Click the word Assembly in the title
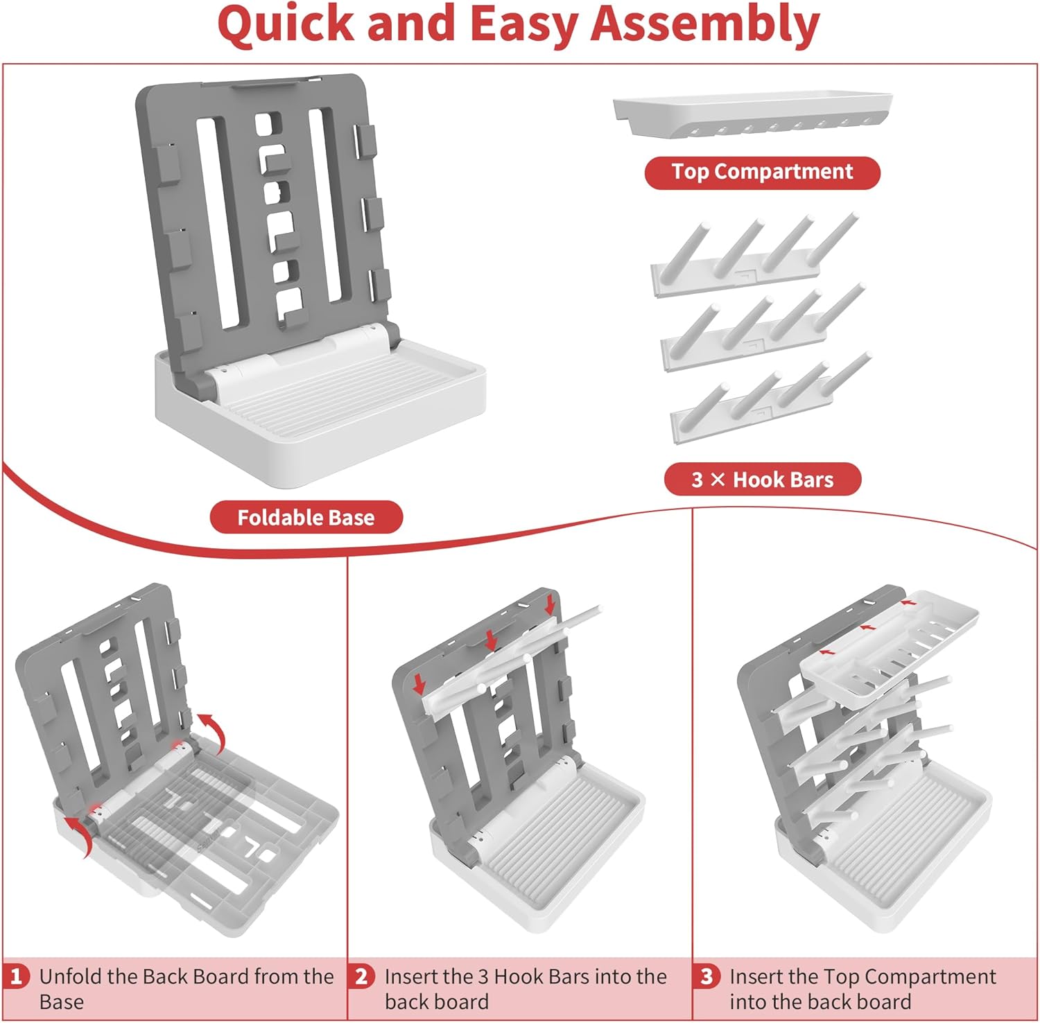point(705,24)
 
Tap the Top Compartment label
point(762,172)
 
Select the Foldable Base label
point(306,517)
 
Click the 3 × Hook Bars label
point(763,479)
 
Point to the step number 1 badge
point(16,977)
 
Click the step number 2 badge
point(361,977)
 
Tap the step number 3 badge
point(707,977)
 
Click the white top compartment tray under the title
point(752,114)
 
